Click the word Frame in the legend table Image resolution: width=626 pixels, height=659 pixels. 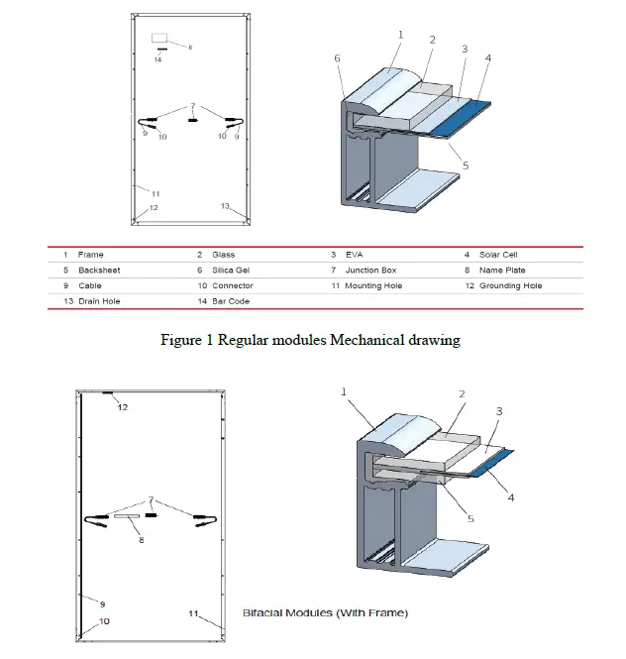coord(90,255)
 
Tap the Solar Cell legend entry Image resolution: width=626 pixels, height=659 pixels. coord(498,255)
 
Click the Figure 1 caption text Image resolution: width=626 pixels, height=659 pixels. coord(310,340)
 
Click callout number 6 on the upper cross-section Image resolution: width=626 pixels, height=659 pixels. coord(337,59)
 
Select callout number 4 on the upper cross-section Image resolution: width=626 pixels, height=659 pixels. coord(487,58)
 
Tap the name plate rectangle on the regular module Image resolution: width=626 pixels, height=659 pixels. coord(160,39)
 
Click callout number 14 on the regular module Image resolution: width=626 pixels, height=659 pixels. coord(157,59)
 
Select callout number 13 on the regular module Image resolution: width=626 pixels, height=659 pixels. coord(225,206)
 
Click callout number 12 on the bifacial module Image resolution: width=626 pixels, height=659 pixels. coord(123,407)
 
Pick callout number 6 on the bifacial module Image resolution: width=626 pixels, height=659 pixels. coord(142,540)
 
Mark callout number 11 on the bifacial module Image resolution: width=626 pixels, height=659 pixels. coord(194,614)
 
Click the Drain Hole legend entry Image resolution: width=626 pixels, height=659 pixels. coord(98,300)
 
